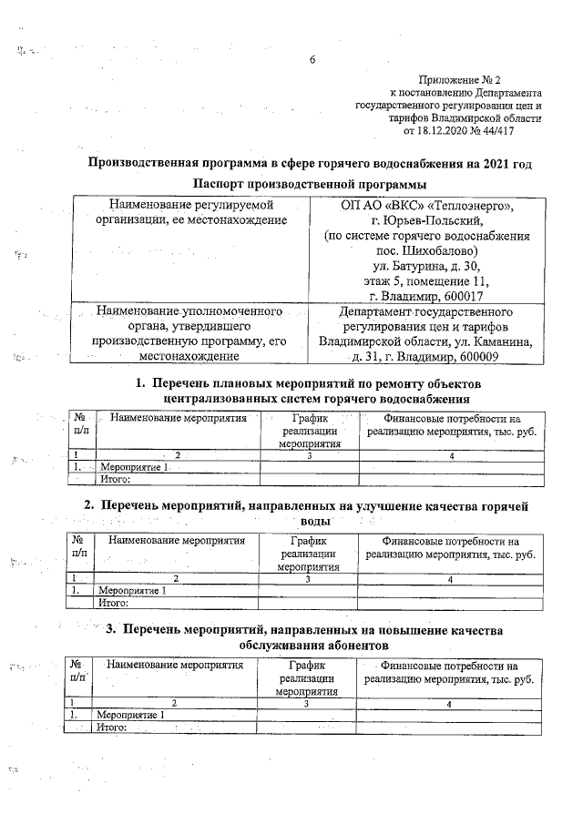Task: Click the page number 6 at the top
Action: coord(312,61)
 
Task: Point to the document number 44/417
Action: coord(497,131)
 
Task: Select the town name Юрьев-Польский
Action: coord(419,220)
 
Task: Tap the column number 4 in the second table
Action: coord(450,578)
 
